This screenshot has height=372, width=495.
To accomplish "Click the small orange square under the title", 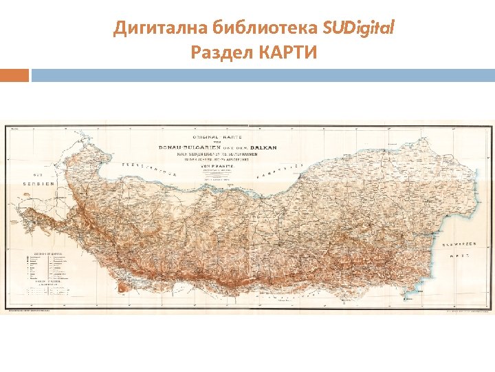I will coord(14,74).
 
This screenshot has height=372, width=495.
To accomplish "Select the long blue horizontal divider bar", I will coord(263,74).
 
